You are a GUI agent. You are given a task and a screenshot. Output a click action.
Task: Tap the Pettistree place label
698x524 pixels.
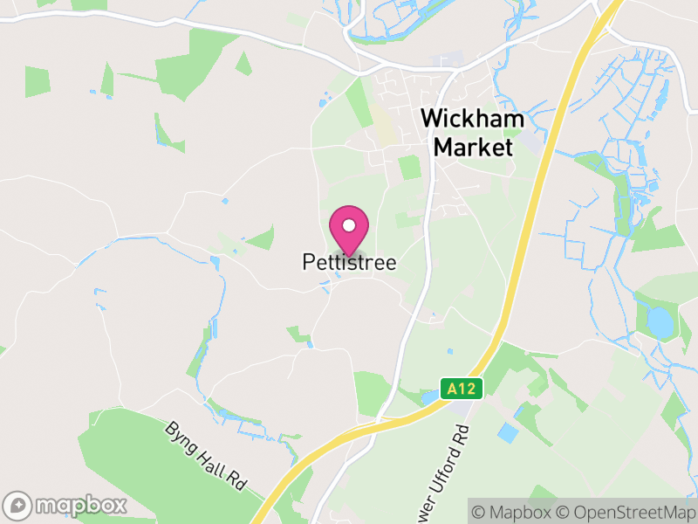click(349, 262)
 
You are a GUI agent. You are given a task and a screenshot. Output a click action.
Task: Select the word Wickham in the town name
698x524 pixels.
click(473, 121)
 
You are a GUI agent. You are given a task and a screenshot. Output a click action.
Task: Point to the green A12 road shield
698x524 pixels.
click(462, 388)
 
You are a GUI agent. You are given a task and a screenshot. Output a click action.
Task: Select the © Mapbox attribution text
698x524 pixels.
click(516, 511)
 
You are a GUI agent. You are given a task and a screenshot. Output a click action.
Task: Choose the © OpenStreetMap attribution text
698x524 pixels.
click(627, 511)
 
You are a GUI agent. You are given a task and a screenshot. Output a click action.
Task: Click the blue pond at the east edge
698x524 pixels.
click(660, 324)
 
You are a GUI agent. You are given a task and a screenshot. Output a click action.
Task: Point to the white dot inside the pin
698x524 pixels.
click(349, 225)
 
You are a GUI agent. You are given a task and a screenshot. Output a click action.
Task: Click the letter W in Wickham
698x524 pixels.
click(430, 121)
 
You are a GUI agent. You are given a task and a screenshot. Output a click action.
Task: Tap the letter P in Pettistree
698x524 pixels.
click(308, 262)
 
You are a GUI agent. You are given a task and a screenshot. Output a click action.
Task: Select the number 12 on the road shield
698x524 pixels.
click(469, 388)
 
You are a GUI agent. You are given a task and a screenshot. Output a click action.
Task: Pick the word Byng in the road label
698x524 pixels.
click(180, 434)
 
